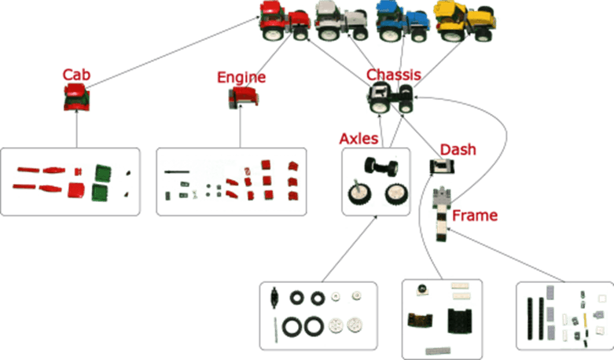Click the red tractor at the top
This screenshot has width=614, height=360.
(285, 20)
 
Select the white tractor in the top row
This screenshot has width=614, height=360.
(341, 20)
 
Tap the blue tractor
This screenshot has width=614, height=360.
(403, 21)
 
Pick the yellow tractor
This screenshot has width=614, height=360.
(465, 21)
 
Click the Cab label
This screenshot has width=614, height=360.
(76, 75)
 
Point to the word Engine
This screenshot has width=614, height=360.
(241, 78)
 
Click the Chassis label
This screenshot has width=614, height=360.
(394, 75)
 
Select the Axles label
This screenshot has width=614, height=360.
(358, 138)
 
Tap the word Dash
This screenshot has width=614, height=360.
(458, 149)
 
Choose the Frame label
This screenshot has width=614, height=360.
(475, 215)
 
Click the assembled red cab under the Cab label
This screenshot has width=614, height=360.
(77, 97)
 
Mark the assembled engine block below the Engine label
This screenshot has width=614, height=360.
(243, 97)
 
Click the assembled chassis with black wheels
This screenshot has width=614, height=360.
(391, 97)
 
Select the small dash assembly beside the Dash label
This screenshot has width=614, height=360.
(442, 167)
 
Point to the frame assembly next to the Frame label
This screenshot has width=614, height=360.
(442, 214)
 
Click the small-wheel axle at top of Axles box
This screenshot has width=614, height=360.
(381, 167)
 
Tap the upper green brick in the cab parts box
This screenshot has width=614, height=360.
(103, 174)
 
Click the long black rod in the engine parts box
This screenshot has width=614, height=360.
(177, 171)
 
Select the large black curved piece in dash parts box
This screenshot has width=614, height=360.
(460, 321)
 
